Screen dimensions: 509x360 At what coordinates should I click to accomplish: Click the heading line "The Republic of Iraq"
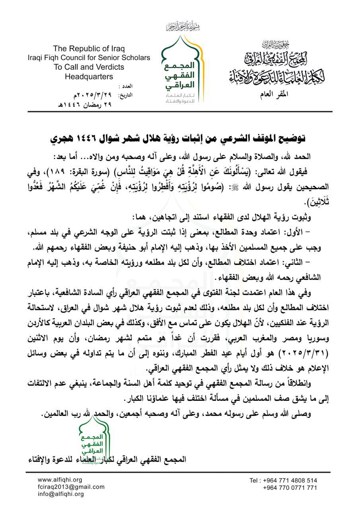(x=89, y=49)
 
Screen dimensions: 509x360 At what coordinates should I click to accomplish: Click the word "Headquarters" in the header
(x=89, y=76)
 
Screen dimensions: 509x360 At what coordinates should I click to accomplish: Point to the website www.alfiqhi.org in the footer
(x=54, y=480)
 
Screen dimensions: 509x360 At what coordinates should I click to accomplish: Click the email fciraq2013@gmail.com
(x=66, y=487)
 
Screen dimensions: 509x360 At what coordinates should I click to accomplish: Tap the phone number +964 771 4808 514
(x=283, y=480)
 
